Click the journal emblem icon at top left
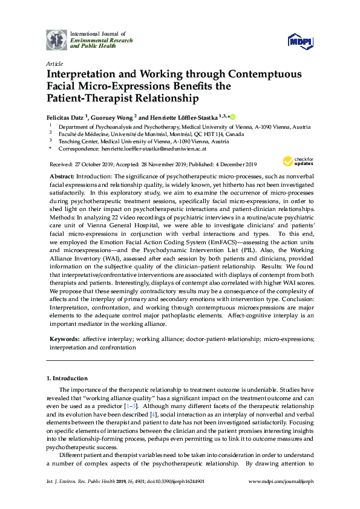[56, 39]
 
